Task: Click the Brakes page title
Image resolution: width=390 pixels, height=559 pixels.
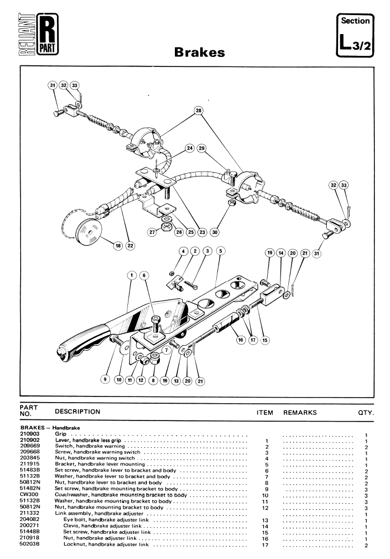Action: [199, 52]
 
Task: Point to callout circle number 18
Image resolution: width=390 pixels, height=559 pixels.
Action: [117, 245]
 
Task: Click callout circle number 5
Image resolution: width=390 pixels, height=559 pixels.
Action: [221, 251]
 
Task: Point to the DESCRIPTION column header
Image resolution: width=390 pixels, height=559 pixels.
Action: [77, 412]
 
